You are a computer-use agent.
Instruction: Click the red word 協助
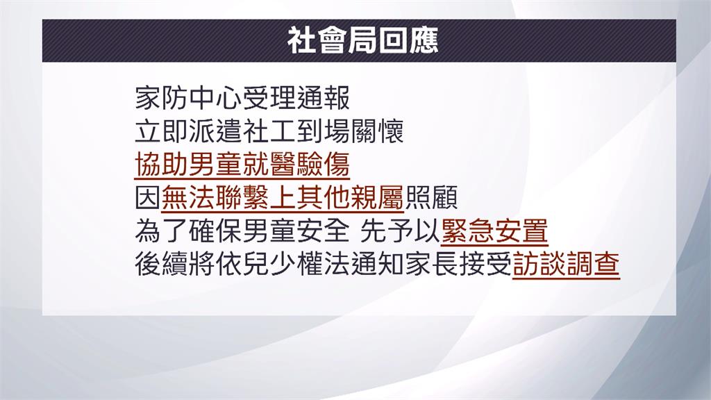coord(162,166)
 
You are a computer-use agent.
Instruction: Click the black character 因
coord(148,199)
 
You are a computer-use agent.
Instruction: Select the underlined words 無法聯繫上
coord(228,199)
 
